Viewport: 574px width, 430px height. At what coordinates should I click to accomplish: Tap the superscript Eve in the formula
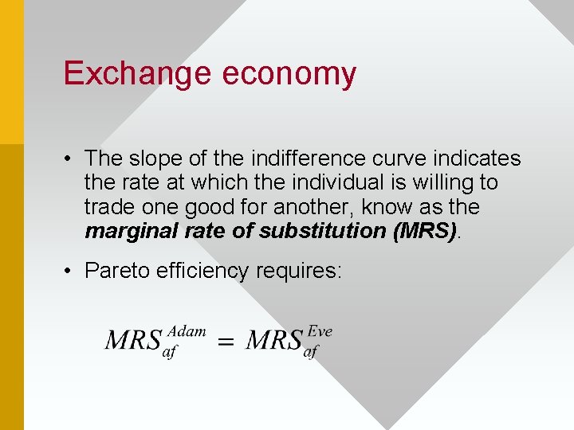pos(320,331)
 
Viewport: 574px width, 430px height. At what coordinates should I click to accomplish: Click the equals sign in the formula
pos(226,342)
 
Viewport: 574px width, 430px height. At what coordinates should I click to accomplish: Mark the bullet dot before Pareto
pos(70,271)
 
